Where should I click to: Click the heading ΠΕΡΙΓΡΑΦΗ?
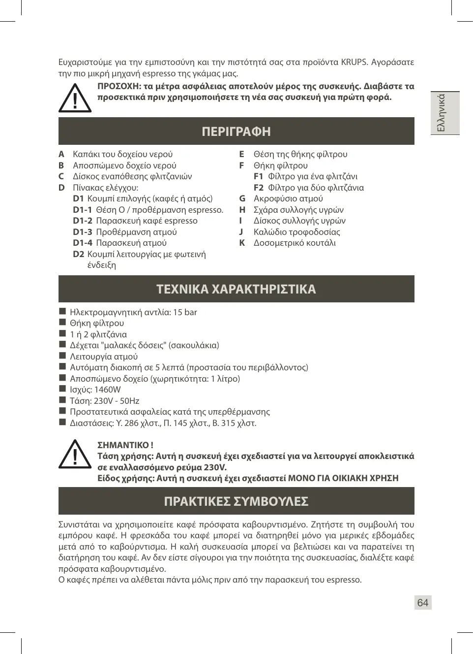(x=236, y=131)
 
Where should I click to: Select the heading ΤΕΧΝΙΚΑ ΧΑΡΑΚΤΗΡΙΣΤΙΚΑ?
(x=236, y=289)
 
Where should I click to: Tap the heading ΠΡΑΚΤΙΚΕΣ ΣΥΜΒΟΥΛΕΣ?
(x=236, y=501)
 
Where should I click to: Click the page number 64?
(x=422, y=603)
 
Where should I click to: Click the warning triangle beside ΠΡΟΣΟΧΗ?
(x=75, y=98)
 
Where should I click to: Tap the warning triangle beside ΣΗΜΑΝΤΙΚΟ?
(x=75, y=454)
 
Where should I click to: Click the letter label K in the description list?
(x=242, y=243)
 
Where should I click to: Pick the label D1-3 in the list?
(x=83, y=232)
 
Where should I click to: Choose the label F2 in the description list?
(x=259, y=188)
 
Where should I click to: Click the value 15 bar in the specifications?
(x=185, y=312)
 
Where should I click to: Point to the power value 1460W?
(x=107, y=390)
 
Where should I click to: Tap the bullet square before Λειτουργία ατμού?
(x=62, y=356)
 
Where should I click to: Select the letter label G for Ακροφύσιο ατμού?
(x=242, y=198)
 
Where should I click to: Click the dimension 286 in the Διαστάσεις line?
(x=131, y=423)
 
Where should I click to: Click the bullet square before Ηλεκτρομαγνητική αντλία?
(x=62, y=311)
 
